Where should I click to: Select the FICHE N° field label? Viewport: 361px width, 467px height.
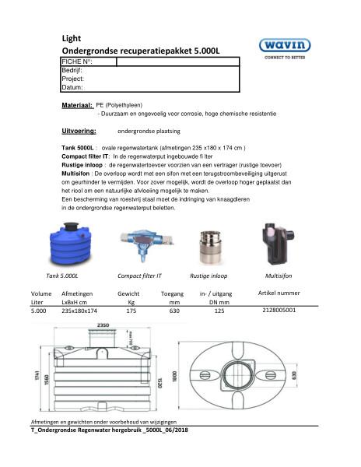click(x=78, y=61)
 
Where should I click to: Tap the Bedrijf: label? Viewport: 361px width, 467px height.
click(x=72, y=70)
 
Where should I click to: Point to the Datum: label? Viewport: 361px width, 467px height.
click(x=72, y=87)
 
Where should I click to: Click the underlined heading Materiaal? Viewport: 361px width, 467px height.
click(x=77, y=104)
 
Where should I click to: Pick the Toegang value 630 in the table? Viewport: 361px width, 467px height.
click(x=174, y=310)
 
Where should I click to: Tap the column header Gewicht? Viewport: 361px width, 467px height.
click(x=128, y=293)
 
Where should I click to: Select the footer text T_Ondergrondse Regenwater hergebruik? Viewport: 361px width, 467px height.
click(x=108, y=430)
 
